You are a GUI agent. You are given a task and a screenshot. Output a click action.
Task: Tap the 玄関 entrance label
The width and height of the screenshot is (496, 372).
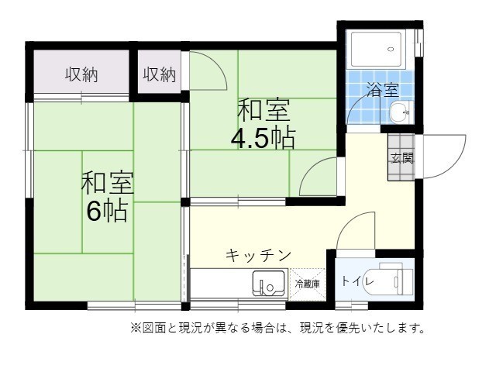click(x=401, y=157)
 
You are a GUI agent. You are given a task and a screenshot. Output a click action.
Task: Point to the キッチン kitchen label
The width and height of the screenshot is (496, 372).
click(x=259, y=255)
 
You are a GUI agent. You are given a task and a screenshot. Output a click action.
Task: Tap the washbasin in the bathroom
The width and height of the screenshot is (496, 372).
click(x=400, y=112)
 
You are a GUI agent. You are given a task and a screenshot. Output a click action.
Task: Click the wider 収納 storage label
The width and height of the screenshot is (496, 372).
click(x=81, y=75)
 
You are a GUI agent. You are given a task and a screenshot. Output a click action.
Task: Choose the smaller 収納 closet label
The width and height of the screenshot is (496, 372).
click(x=160, y=74)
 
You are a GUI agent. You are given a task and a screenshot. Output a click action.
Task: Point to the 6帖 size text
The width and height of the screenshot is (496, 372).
click(x=107, y=211)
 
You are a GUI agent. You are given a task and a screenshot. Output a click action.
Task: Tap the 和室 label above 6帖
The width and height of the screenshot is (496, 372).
click(x=108, y=184)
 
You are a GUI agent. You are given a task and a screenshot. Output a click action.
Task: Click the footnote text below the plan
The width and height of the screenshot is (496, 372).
click(x=278, y=327)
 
